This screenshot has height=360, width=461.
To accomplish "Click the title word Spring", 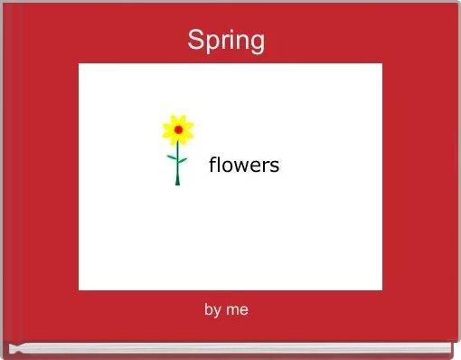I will tap(226, 41).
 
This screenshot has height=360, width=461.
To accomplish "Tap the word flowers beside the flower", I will tap(244, 166).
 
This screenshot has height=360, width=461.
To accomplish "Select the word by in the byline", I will tap(212, 310).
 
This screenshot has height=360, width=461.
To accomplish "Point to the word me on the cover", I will tap(238, 310).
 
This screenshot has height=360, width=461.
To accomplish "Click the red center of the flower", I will tap(178, 130).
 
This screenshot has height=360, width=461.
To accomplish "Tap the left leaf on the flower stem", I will tap(172, 157).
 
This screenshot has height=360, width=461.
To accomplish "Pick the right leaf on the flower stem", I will tap(183, 162).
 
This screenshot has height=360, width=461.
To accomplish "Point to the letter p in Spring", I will tap(212, 43).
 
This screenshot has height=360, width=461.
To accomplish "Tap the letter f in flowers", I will tap(212, 165).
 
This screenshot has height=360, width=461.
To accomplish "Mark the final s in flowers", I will tap(275, 166).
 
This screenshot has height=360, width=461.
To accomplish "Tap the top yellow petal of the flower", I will tap(178, 118).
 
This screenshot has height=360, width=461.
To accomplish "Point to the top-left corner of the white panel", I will tap(80, 64).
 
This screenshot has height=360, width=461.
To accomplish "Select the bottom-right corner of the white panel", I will tap(381, 289).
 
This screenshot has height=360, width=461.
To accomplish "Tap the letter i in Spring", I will tap(231, 40).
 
